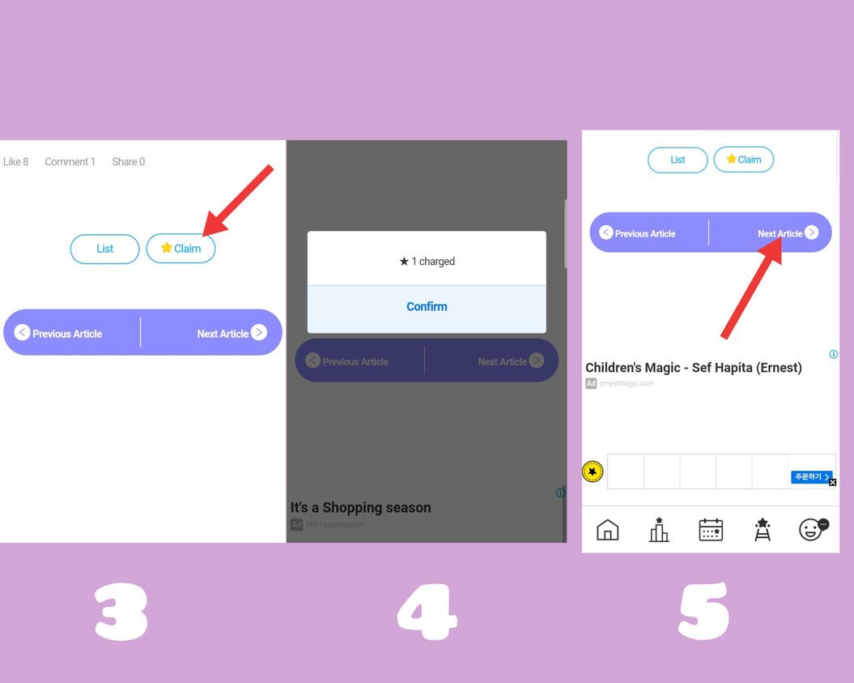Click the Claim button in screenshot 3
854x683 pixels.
[181, 249]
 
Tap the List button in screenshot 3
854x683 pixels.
[104, 249]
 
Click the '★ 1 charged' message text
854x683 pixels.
[427, 261]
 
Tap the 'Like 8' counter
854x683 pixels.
[15, 162]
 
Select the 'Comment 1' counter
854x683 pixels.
[70, 162]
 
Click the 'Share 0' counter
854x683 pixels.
[128, 162]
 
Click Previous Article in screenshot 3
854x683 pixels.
[59, 333]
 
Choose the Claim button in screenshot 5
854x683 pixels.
[743, 160]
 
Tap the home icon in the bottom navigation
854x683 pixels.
[607, 530]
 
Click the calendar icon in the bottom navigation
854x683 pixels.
[710, 530]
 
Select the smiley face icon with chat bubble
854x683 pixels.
[812, 529]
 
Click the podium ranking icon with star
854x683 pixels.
[659, 530]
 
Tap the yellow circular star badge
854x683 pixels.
[593, 472]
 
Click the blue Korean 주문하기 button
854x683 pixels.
[809, 477]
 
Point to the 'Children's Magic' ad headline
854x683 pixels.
[693, 368]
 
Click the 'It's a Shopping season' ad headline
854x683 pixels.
[360, 508]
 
